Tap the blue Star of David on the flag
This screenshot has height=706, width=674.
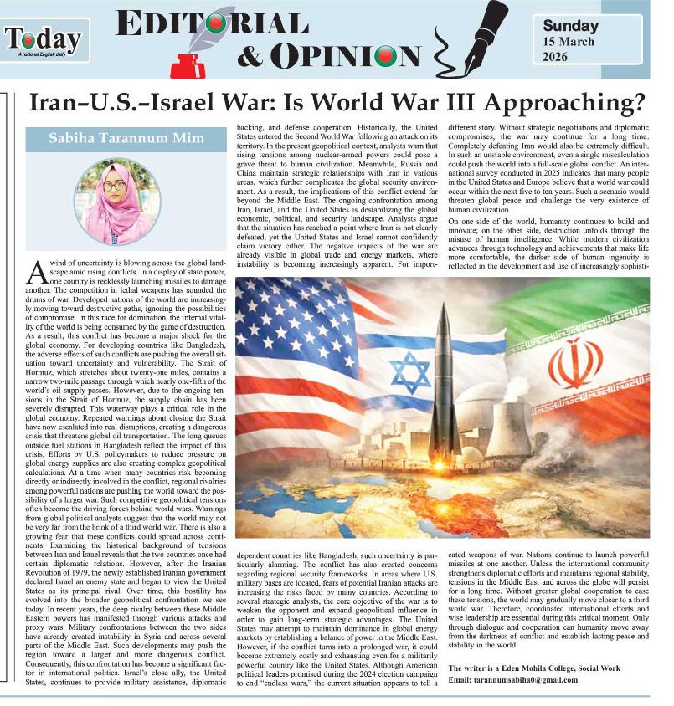click(410, 372)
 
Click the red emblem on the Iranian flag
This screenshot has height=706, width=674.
click(575, 365)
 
